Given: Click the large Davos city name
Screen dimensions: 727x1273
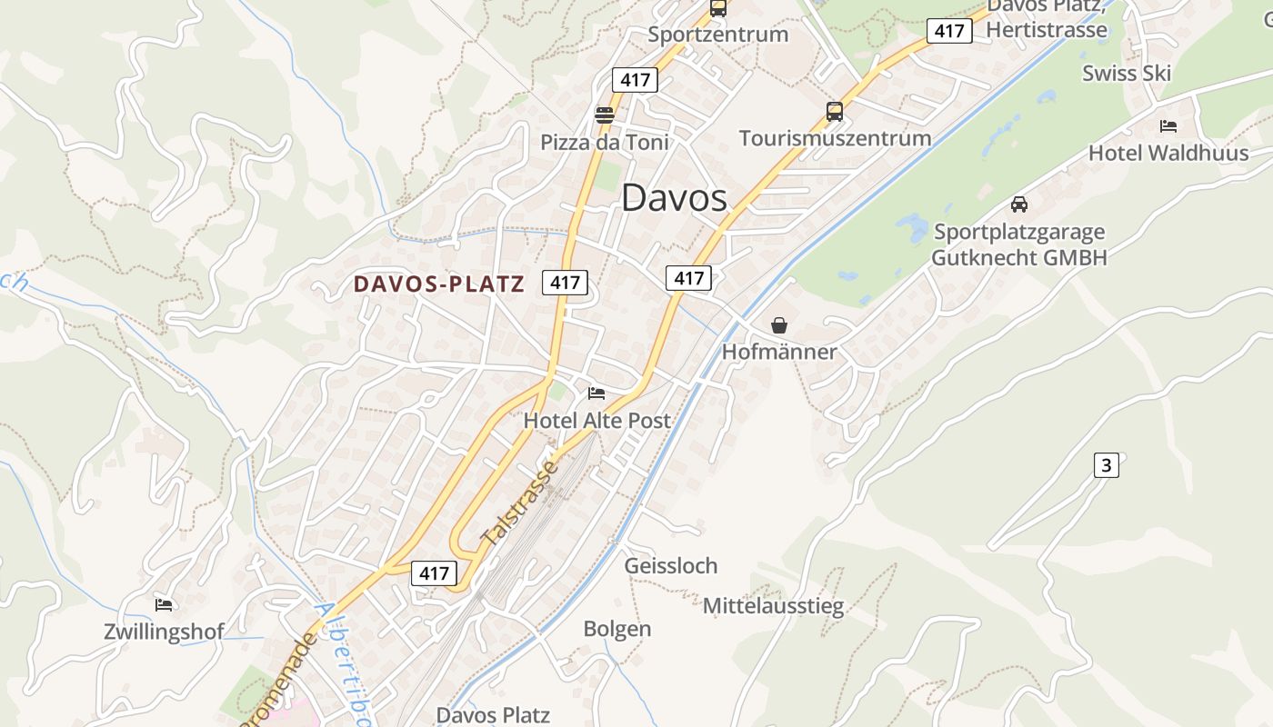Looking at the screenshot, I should [x=674, y=198].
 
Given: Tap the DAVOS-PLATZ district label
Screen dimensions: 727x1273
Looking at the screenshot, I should [x=439, y=284].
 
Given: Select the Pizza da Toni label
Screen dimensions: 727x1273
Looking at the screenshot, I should [x=604, y=143].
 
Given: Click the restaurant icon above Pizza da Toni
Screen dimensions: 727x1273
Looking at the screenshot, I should [x=604, y=115].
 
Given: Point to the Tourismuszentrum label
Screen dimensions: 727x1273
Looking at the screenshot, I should [x=835, y=138].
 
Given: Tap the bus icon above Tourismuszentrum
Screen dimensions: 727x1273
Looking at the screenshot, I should [x=835, y=112].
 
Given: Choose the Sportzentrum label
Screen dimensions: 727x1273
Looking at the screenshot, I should [x=717, y=35].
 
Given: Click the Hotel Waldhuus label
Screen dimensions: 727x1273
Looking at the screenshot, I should [x=1168, y=153].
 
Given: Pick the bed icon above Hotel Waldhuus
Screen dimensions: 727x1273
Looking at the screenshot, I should [x=1168, y=126].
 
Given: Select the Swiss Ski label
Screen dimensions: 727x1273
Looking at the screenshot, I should [x=1127, y=74].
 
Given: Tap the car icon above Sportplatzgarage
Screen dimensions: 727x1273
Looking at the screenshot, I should [x=1019, y=204].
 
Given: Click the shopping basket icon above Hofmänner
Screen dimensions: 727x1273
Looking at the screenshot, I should [x=779, y=325].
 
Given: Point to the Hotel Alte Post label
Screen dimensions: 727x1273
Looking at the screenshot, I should [x=596, y=421].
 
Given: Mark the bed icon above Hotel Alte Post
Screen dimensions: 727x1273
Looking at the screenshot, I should [x=596, y=393].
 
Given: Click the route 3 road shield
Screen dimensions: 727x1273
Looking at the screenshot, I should [x=1106, y=466].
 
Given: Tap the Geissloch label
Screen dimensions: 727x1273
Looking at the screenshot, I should [x=670, y=566].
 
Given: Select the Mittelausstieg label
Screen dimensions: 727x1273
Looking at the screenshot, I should [x=773, y=605].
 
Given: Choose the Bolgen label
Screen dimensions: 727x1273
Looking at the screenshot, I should [x=616, y=629].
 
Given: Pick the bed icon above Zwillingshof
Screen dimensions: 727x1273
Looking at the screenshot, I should [x=164, y=604].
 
